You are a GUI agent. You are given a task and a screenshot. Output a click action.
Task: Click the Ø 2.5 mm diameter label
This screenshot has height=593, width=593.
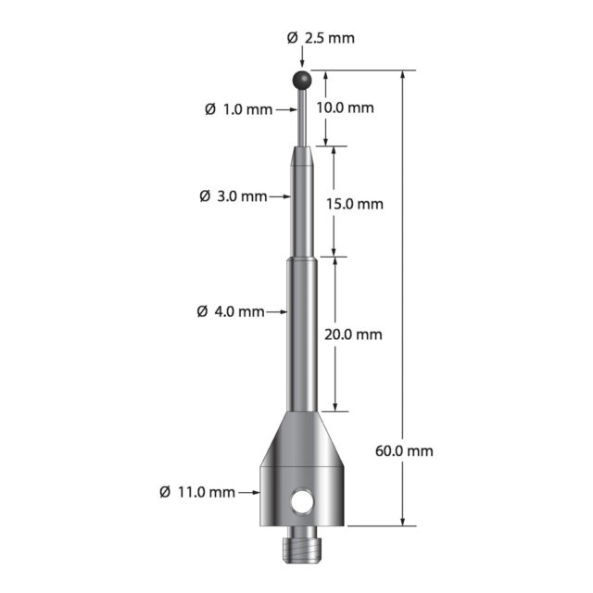321,38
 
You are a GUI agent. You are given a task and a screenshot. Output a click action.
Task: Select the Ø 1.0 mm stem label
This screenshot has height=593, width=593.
239,109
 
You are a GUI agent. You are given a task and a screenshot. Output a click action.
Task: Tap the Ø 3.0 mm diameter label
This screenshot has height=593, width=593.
233,196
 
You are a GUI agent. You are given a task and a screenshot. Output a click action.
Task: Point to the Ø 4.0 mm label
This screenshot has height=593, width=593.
231,311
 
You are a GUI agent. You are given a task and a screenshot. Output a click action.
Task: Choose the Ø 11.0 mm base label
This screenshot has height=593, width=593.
197,492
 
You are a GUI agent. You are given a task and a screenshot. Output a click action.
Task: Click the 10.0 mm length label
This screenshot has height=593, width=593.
346,107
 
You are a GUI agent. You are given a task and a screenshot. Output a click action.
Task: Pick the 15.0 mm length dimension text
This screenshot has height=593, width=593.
355,204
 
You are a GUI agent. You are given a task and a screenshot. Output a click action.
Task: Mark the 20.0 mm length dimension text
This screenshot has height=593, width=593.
353,334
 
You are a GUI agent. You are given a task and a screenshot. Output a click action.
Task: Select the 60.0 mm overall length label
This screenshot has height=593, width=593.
404,451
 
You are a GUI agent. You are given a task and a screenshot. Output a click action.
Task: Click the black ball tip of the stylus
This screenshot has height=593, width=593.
302,80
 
